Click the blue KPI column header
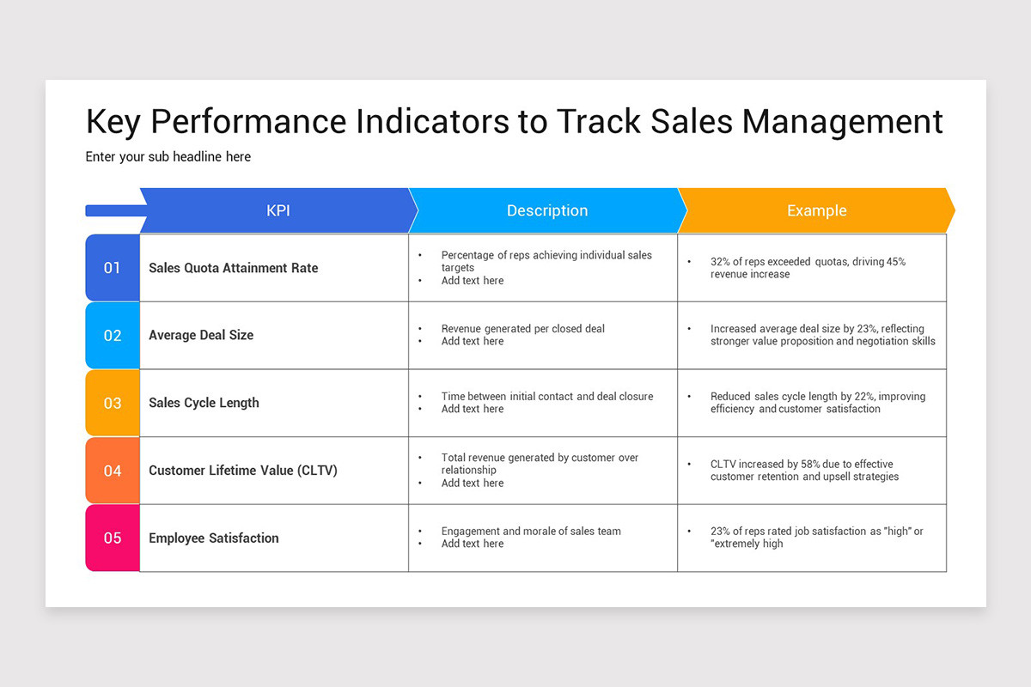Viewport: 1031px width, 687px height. (x=278, y=210)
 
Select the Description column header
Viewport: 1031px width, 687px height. (x=546, y=210)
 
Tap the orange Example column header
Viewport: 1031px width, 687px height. (x=816, y=210)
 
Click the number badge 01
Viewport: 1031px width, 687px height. (x=113, y=268)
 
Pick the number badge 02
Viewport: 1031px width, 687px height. (x=113, y=336)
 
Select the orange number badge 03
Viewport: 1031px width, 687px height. (x=113, y=403)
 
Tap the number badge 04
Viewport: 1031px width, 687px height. (x=113, y=471)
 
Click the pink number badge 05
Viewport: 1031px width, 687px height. (x=113, y=538)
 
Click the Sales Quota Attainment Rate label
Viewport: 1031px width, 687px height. (x=233, y=268)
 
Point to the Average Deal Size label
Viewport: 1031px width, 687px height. (x=201, y=335)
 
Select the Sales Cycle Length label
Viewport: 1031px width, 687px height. (x=204, y=403)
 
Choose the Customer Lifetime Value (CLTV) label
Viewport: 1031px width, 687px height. (x=242, y=471)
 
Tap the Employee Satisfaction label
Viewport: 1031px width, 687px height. (x=213, y=538)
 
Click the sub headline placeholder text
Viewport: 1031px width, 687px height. (x=168, y=157)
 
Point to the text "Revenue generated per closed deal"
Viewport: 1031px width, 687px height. (x=522, y=329)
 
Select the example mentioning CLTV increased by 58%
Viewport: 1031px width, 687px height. (x=804, y=471)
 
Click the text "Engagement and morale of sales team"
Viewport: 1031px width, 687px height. (x=530, y=532)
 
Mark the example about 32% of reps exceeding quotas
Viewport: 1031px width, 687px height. (x=808, y=268)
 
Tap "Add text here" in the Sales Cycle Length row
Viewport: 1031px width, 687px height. (x=473, y=410)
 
